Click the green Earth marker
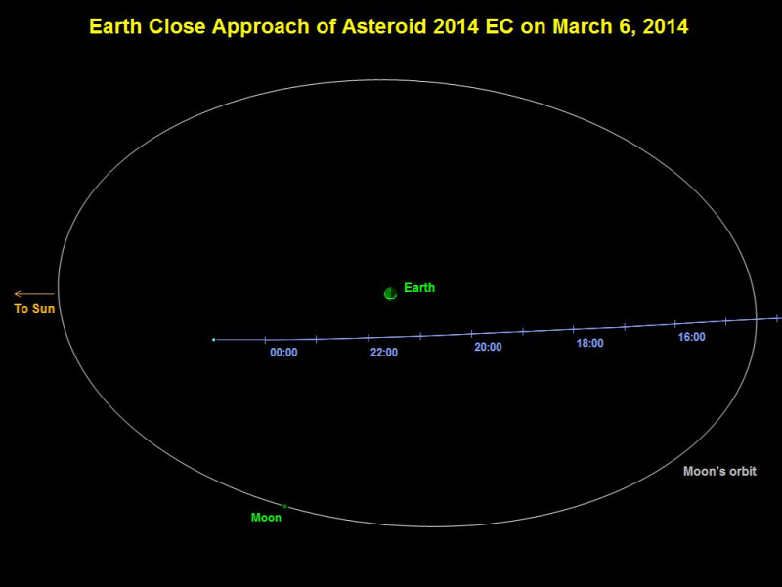coord(390,293)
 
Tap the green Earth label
coord(419,287)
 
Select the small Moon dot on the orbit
coord(284,506)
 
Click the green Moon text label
coord(266,518)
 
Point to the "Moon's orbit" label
coord(719,471)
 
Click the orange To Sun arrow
coord(34,293)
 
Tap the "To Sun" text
coord(34,308)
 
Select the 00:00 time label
coord(283,353)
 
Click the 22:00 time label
coord(384,353)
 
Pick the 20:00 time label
coord(488,347)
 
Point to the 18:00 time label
coord(590,343)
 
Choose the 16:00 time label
coord(692,337)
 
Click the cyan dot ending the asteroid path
coord(213,340)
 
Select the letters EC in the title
coord(500,26)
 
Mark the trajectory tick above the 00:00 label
coord(265,340)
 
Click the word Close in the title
coord(177,26)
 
